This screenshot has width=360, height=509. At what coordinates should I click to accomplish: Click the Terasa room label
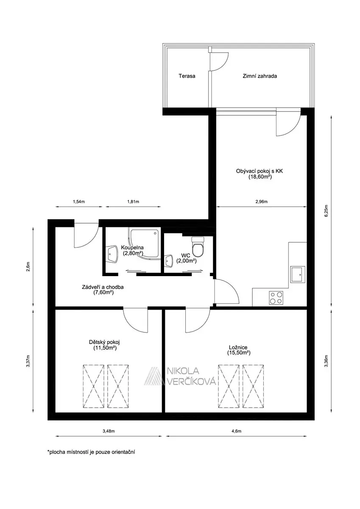coord(187,76)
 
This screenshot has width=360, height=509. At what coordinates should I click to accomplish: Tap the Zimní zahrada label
coord(260,76)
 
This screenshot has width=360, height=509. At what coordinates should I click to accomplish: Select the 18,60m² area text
coord(260,176)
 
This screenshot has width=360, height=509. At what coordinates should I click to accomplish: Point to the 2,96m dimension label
coord(262,201)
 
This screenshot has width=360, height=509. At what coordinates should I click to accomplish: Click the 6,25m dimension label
coord(327,211)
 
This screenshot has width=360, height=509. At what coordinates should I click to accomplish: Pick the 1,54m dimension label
coord(79,201)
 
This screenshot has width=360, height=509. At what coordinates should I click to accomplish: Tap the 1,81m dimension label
coord(133,201)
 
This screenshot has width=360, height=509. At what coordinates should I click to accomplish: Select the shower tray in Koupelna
coord(145,243)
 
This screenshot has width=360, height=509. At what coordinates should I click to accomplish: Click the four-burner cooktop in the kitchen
coord(276,298)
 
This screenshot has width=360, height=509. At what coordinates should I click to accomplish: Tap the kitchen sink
coord(298,274)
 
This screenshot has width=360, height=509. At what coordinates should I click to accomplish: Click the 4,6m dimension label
coord(237,431)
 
